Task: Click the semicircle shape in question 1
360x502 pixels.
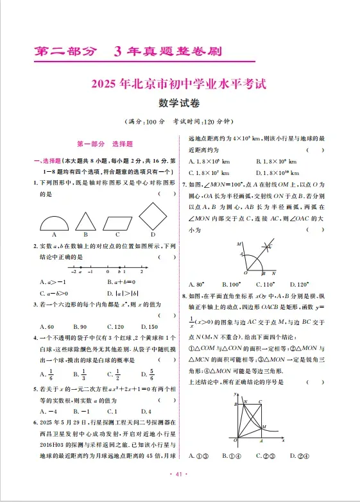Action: (x=55, y=222)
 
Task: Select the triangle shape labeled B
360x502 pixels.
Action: (x=83, y=222)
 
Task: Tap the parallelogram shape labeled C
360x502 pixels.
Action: (x=117, y=222)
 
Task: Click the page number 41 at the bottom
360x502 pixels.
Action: (x=179, y=474)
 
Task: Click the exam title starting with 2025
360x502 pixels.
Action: (x=179, y=83)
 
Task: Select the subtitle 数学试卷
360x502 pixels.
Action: (x=179, y=103)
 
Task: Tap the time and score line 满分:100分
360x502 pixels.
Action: (x=179, y=122)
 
